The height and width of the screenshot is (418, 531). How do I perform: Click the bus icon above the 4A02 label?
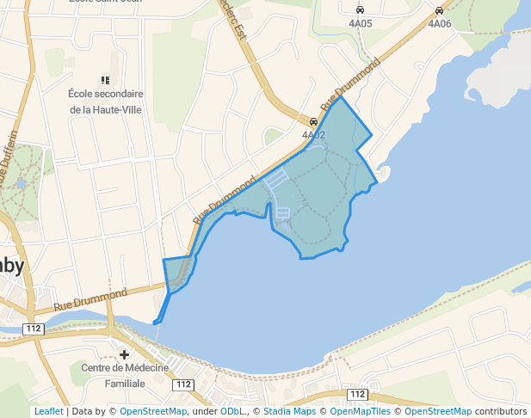[x=313, y=122]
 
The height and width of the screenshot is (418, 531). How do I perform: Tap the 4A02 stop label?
[x=313, y=135]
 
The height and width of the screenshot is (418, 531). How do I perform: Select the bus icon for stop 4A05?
[x=360, y=10]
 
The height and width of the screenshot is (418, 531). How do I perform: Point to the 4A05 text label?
[x=360, y=23]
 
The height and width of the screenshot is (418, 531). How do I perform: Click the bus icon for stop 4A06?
[x=439, y=10]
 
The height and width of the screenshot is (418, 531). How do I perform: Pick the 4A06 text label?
[x=439, y=23]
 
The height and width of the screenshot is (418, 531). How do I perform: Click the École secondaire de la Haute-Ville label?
[x=106, y=101]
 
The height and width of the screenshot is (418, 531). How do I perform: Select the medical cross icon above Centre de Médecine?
[x=125, y=354]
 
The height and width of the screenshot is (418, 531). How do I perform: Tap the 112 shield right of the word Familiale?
[x=182, y=384]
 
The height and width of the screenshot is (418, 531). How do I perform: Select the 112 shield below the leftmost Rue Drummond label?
[x=34, y=329]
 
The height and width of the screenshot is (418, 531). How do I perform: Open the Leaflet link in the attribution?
[x=48, y=411]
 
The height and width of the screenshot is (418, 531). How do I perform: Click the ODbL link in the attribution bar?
[x=232, y=411]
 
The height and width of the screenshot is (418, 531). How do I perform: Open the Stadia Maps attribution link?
[x=290, y=411]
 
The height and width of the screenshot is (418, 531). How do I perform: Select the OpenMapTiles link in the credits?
[x=361, y=411]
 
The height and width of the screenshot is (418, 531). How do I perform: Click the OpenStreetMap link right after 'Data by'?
[x=153, y=411]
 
